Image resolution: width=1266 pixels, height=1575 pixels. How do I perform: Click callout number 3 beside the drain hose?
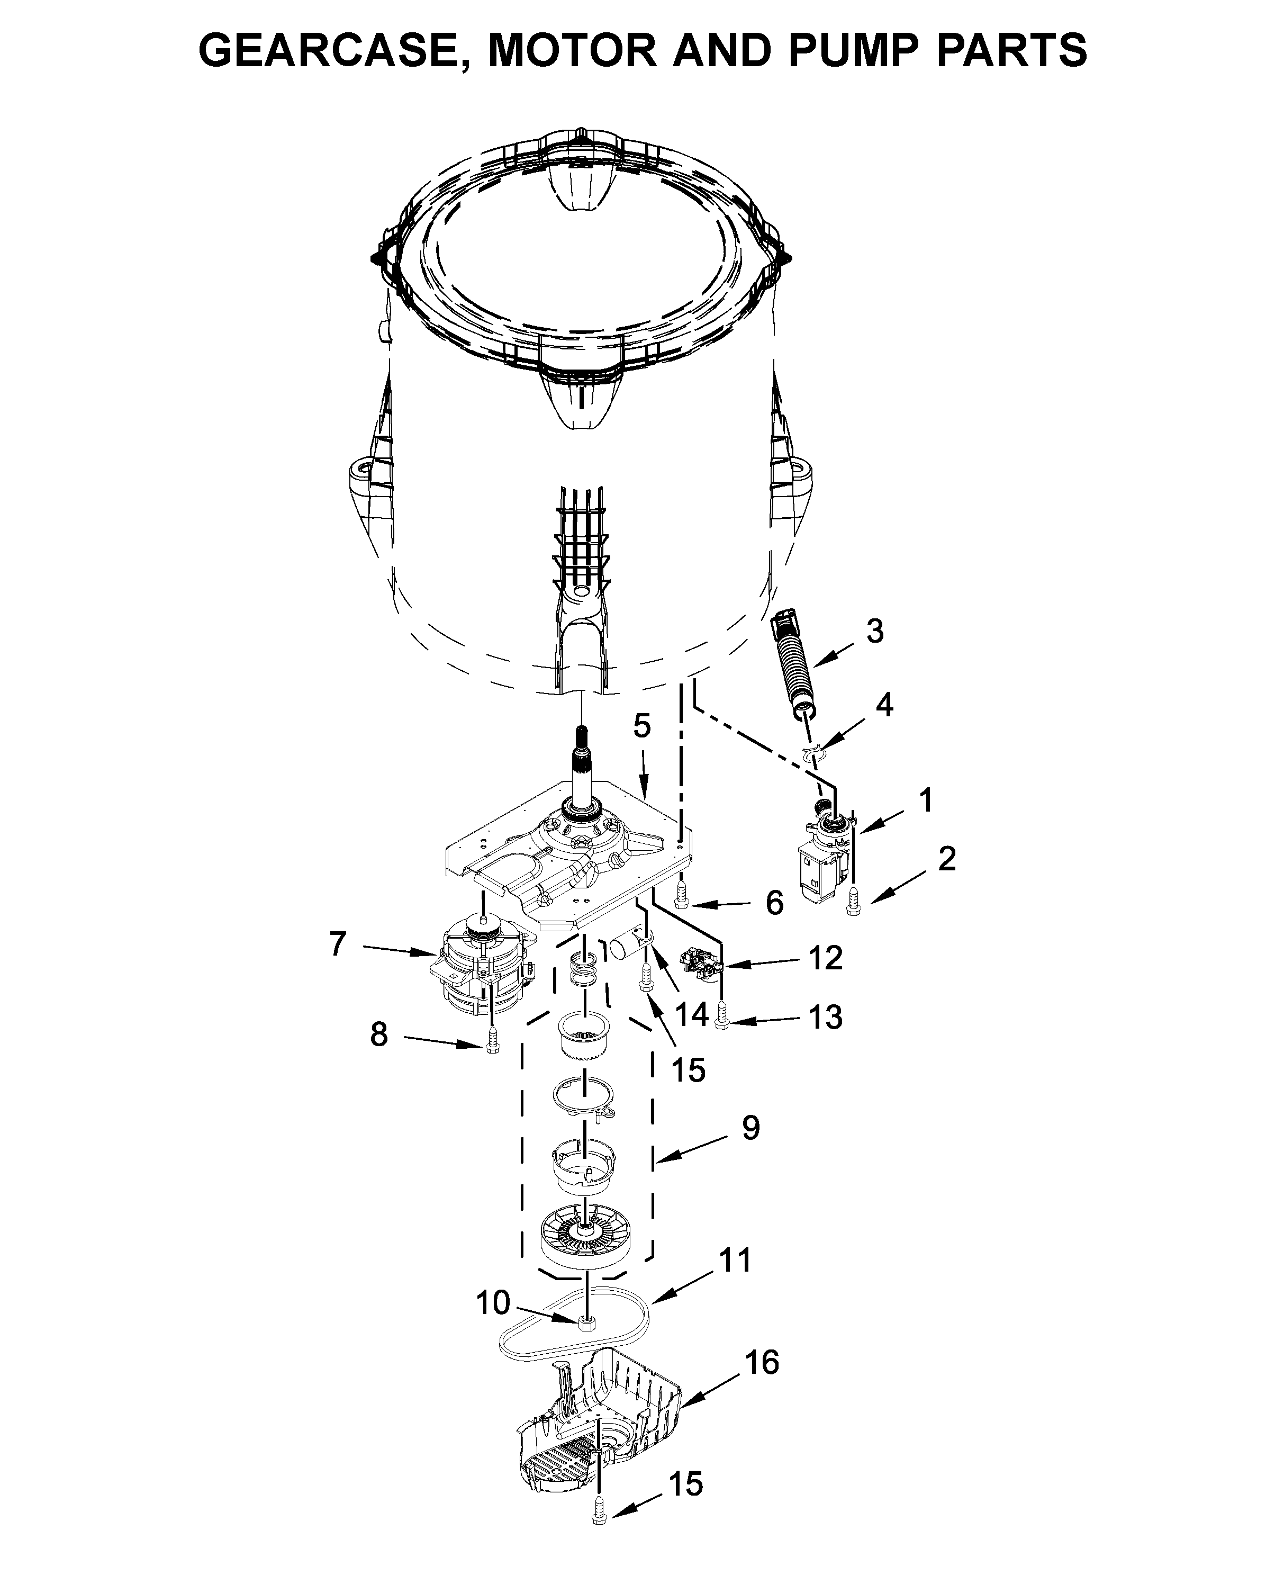pos(874,631)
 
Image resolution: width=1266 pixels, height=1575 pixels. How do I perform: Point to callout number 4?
pos(884,705)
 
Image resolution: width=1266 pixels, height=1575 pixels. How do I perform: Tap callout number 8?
pos(378,1034)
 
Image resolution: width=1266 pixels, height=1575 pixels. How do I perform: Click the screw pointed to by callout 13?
pos(722,1015)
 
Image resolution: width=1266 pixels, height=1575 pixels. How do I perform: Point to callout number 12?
pos(826,958)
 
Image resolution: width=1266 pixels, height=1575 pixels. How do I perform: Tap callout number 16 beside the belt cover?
pos(762,1362)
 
